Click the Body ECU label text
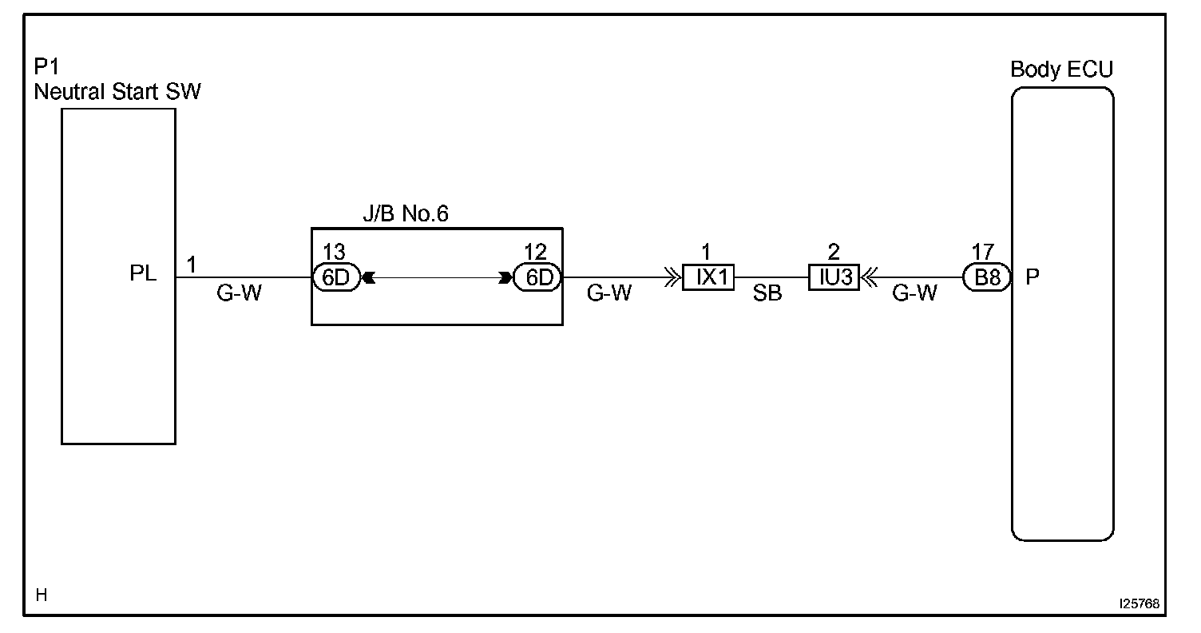pos(1061,70)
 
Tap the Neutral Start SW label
pos(117,92)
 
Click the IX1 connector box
pos(708,278)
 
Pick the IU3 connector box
pos(834,278)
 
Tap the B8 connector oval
pos(987,278)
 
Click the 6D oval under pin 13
pos(336,278)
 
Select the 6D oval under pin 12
pos(537,278)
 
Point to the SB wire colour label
pos(768,294)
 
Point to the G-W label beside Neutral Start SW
pos(239,294)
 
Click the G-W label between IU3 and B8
pos(914,294)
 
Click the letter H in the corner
pos(42,595)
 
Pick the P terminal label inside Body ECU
pos(1032,277)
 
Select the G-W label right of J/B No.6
pos(609,294)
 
